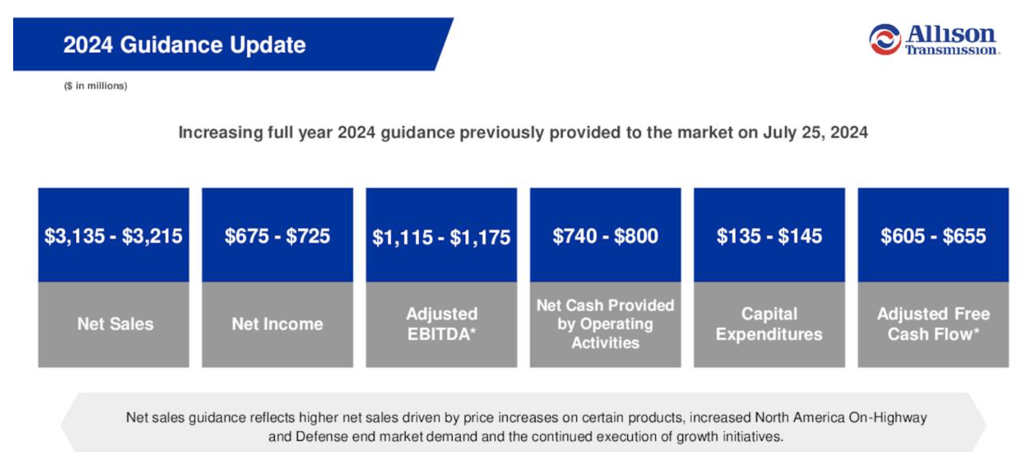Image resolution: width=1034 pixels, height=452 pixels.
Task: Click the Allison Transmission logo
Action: pos(934,40)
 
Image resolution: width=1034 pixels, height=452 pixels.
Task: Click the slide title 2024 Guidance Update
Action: pos(184,45)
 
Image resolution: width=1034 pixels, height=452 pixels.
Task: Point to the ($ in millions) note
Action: pos(96,86)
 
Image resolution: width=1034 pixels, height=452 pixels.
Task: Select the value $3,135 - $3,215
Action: pos(113,236)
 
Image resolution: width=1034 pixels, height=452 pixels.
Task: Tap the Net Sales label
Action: pos(115,324)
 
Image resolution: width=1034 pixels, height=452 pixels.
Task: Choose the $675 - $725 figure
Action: pos(277,236)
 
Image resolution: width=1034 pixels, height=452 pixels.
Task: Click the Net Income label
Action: pos(277,324)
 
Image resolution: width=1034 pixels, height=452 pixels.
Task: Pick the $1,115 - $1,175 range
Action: pos(441,237)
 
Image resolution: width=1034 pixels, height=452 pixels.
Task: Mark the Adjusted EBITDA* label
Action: pos(441,324)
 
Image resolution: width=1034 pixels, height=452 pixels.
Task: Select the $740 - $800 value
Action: pos(605,236)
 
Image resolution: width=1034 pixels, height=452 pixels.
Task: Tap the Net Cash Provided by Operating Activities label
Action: pos(605,324)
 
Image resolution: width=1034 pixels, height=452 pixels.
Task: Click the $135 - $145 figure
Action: pos(769,236)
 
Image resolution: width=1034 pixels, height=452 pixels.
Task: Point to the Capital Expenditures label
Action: pos(769,324)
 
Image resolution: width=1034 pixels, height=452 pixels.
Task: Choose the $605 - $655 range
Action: pos(933,236)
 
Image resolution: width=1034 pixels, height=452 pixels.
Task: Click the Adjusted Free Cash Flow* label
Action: pos(933,324)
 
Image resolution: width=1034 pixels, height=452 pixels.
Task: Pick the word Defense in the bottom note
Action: pos(322,436)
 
